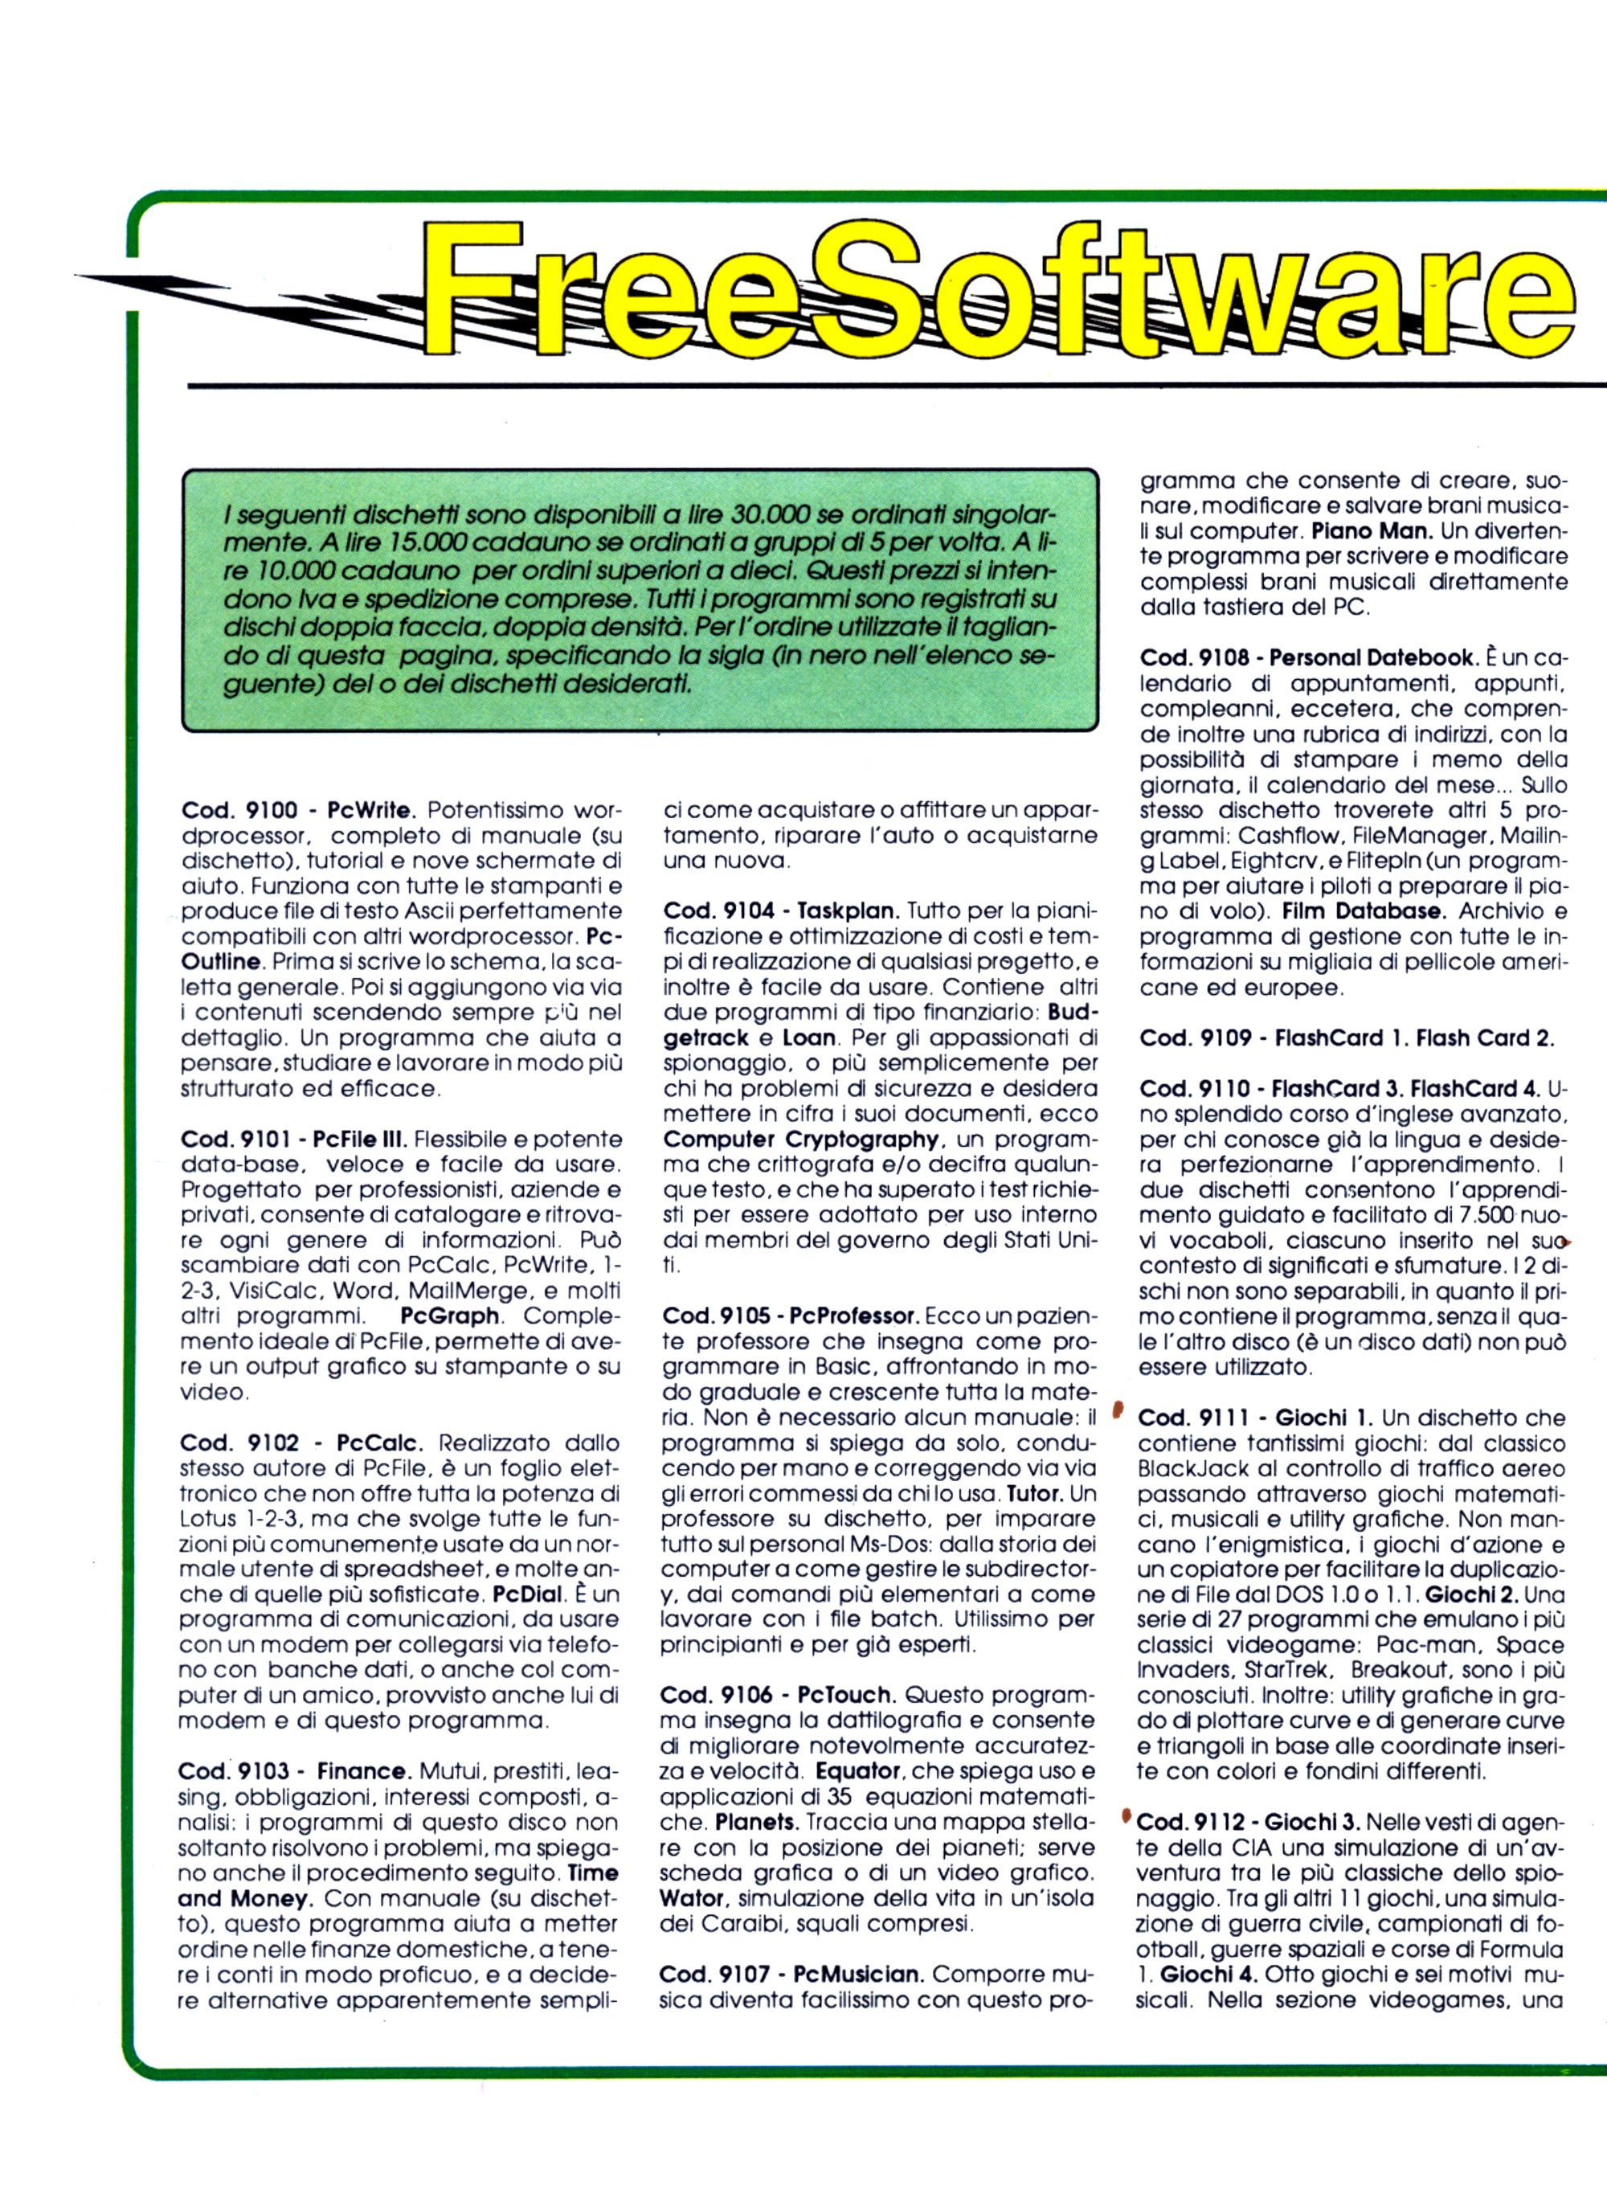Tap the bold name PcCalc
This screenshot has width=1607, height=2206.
(382, 1443)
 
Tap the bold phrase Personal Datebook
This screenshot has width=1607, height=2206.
(1372, 657)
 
